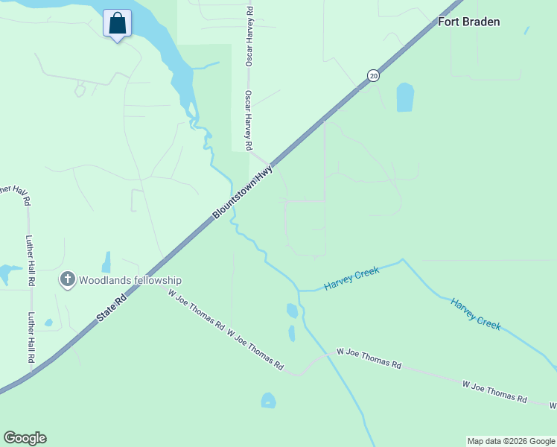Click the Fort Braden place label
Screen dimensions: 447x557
(x=468, y=22)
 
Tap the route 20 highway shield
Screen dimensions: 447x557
(x=373, y=75)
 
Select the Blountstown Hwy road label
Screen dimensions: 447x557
(x=243, y=191)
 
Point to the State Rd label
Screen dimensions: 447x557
(x=112, y=306)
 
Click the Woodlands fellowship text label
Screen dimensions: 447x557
(x=131, y=280)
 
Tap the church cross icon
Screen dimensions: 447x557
(x=68, y=280)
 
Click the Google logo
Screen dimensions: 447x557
(x=25, y=438)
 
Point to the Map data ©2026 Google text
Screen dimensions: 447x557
(x=511, y=441)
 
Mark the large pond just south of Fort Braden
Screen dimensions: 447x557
(x=405, y=97)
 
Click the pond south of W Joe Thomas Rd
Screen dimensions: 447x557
(x=268, y=401)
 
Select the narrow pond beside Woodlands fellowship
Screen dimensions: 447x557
(x=106, y=262)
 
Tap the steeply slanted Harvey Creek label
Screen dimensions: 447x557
(x=475, y=314)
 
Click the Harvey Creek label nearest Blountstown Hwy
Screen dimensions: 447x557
(x=351, y=279)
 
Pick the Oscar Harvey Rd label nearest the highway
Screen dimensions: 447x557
(x=249, y=121)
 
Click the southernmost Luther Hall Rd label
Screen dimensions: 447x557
(x=32, y=337)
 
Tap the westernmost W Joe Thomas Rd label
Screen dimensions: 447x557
(x=197, y=310)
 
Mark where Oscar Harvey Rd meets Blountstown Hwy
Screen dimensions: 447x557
(x=270, y=166)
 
